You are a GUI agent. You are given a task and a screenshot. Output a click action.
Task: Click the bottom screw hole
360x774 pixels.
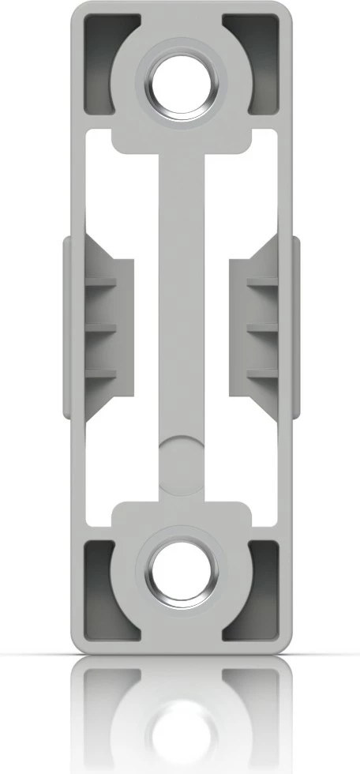coord(182,573)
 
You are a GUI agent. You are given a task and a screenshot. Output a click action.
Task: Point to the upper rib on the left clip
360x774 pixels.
coord(101,281)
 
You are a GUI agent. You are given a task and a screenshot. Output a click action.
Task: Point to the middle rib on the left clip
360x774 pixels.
coord(101,326)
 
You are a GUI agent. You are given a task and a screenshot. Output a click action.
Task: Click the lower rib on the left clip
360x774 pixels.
coord(101,373)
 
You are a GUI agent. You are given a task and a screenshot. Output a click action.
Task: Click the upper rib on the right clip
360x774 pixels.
coord(261,281)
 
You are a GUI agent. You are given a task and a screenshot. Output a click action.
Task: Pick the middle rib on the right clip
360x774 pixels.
coord(261,326)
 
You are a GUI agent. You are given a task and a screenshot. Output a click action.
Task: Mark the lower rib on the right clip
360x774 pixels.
coord(261,373)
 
